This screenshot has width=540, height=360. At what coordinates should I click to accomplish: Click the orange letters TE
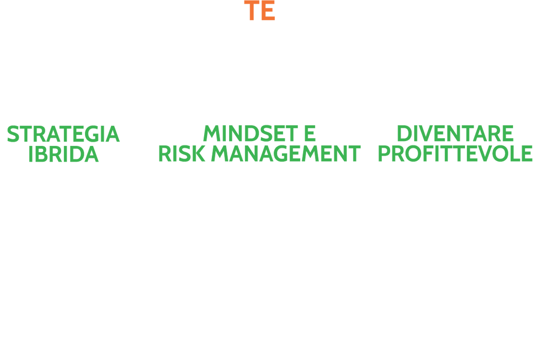pyautogui.click(x=260, y=10)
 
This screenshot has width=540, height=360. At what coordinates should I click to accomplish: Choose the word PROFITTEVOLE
pyautogui.click(x=455, y=154)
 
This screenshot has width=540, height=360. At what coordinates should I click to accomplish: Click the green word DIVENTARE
pyautogui.click(x=455, y=134)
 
